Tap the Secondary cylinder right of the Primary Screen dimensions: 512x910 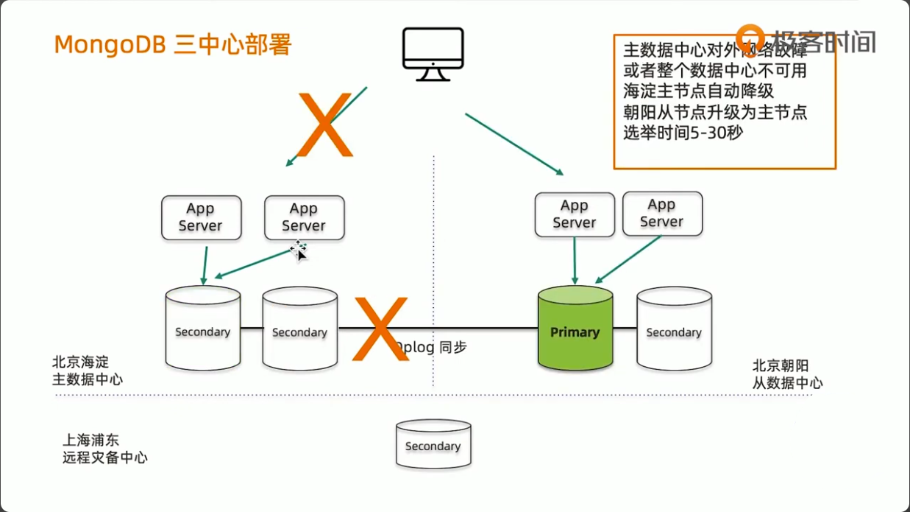click(x=674, y=329)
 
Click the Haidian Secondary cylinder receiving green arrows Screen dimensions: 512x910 click(x=202, y=329)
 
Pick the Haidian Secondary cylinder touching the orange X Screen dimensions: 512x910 click(x=299, y=329)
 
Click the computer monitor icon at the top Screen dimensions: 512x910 click(x=433, y=54)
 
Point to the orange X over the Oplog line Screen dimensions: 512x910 click(x=380, y=329)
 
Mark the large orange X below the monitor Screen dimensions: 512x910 click(x=324, y=125)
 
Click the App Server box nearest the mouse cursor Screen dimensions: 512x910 click(x=304, y=217)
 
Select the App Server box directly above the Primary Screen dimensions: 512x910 click(x=575, y=214)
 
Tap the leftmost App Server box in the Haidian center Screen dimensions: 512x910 click(x=201, y=217)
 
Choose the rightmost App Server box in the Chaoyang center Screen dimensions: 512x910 click(x=662, y=214)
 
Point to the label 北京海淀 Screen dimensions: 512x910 click(x=80, y=362)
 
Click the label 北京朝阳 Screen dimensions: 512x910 click(x=781, y=365)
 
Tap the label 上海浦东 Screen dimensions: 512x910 click(x=90, y=441)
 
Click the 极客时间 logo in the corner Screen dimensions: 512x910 click(x=808, y=39)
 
